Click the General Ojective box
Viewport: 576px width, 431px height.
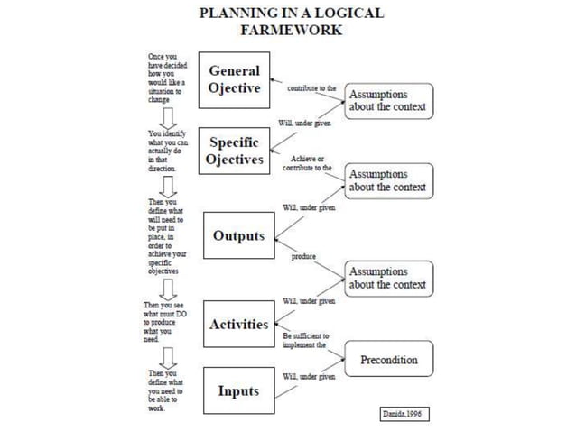(234, 79)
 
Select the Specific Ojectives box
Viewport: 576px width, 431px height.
(234, 151)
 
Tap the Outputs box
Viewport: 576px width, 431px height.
(238, 236)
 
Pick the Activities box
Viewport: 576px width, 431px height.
(238, 325)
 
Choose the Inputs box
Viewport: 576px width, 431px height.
(237, 390)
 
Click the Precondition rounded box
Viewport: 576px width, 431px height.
(388, 360)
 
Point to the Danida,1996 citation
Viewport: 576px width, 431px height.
(399, 413)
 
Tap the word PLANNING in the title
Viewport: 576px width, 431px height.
(234, 14)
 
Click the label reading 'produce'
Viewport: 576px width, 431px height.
(303, 256)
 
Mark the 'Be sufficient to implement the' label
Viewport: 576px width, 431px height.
(305, 340)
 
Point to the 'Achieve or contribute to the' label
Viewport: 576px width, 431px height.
(307, 163)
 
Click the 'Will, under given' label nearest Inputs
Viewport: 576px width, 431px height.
(309, 376)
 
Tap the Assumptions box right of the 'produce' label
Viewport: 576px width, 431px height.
(387, 278)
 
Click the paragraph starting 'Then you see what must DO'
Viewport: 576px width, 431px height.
(164, 322)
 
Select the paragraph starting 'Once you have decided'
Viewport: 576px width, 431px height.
(165, 78)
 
